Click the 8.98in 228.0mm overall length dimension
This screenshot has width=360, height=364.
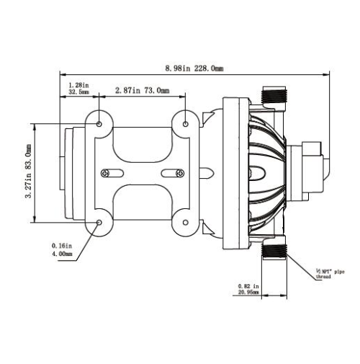click(x=194, y=68)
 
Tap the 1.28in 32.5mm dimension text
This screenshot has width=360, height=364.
click(x=78, y=88)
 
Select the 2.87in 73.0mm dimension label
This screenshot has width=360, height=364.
click(x=143, y=90)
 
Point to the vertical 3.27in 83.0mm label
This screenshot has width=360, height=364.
click(x=29, y=171)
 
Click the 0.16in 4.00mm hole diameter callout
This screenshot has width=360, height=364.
click(x=62, y=249)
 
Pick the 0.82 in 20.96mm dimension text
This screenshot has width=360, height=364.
click(x=248, y=289)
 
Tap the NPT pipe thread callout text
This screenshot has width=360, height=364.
click(x=330, y=274)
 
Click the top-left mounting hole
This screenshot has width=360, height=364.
click(x=99, y=124)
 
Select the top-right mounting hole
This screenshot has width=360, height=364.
click(x=186, y=124)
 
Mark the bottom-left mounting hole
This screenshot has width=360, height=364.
click(x=99, y=223)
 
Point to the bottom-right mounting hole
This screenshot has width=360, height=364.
click(x=186, y=223)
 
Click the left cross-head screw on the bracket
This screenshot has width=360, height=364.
click(x=105, y=173)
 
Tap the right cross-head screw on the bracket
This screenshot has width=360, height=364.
click(x=180, y=173)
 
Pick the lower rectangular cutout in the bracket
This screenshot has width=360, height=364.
click(x=143, y=202)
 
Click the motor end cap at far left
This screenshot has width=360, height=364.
click(x=69, y=173)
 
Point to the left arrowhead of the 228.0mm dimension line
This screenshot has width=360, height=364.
click(x=63, y=74)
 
